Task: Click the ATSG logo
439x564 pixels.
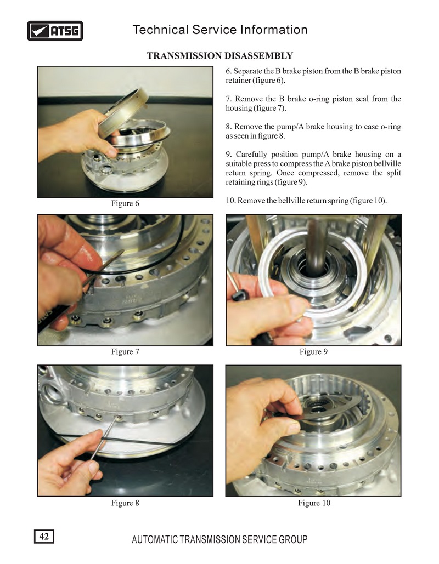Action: tap(55, 31)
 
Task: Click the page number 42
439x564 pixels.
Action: tap(44, 536)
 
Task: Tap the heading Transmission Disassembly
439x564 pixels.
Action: tap(219, 56)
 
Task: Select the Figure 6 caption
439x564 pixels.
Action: tap(125, 203)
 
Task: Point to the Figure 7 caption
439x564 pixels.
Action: tap(125, 351)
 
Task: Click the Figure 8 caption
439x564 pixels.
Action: tap(125, 503)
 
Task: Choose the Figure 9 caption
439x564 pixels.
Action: tap(313, 351)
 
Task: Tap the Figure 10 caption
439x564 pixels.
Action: tap(314, 503)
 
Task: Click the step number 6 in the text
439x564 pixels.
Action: tap(228, 71)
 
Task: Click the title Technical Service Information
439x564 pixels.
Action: tap(220, 30)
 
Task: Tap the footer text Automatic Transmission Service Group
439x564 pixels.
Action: tap(219, 539)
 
